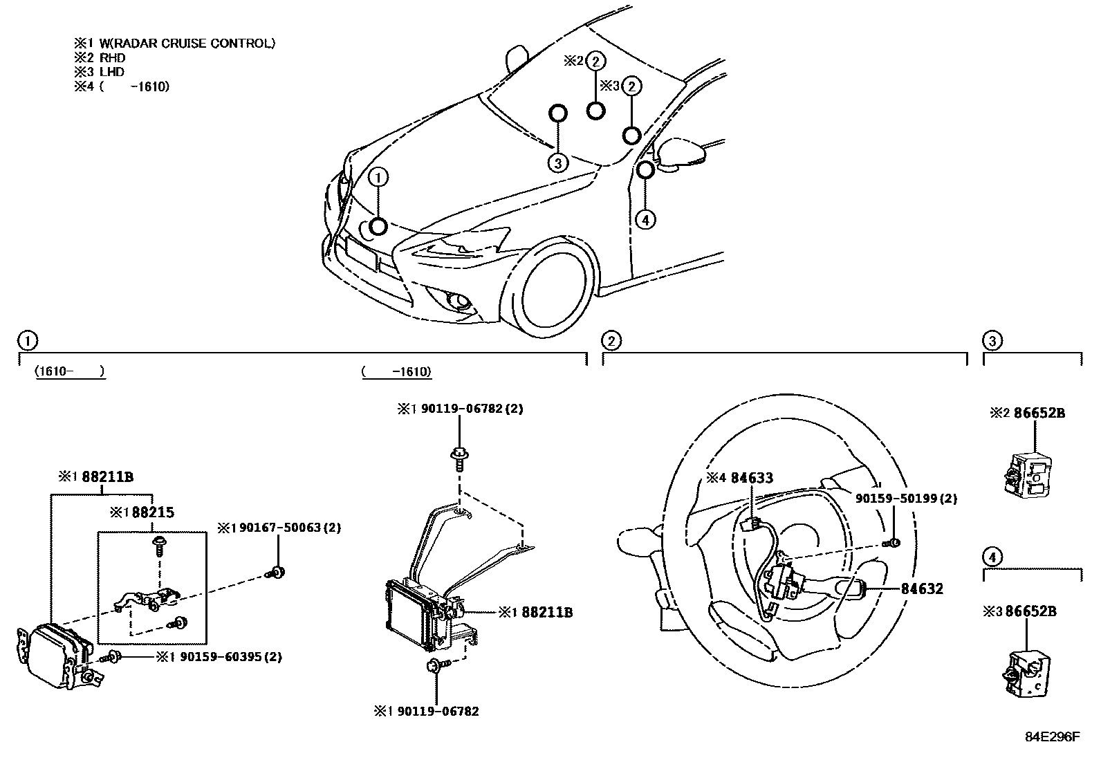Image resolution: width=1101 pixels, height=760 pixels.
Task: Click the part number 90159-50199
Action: (x=898, y=498)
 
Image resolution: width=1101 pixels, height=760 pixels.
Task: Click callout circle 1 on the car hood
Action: (x=378, y=178)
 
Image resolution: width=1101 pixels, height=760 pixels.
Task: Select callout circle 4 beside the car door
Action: (x=645, y=220)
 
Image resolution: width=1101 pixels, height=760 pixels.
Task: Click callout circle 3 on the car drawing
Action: (x=557, y=163)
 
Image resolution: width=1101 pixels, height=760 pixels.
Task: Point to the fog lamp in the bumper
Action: (x=455, y=302)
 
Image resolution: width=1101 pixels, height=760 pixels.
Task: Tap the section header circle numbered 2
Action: (x=611, y=340)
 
